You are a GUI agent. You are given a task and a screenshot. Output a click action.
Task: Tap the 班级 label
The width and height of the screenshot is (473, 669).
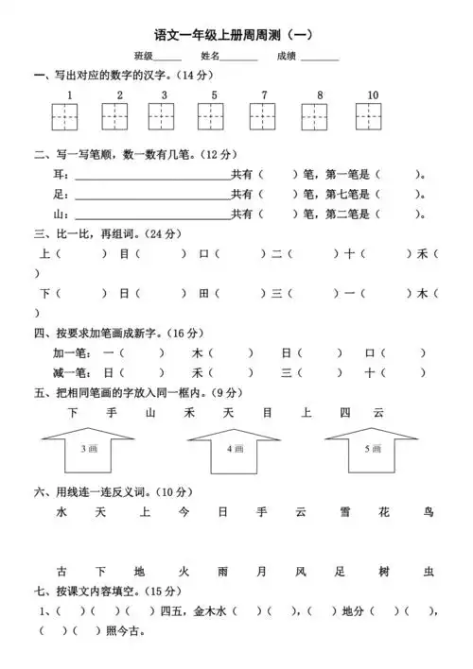click(x=143, y=57)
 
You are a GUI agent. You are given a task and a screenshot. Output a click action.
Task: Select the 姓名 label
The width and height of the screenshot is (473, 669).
click(x=209, y=57)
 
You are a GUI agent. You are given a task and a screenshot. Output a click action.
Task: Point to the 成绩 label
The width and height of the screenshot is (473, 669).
click(x=287, y=57)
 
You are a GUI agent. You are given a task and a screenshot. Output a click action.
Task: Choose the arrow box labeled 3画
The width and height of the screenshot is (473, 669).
click(x=88, y=445)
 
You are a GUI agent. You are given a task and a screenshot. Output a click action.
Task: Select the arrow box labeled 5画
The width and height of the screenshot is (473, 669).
click(x=371, y=445)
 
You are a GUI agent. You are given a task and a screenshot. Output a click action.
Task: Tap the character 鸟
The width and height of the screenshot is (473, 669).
click(x=429, y=512)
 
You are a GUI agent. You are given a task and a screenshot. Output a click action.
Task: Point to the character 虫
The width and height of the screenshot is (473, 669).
click(x=429, y=572)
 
